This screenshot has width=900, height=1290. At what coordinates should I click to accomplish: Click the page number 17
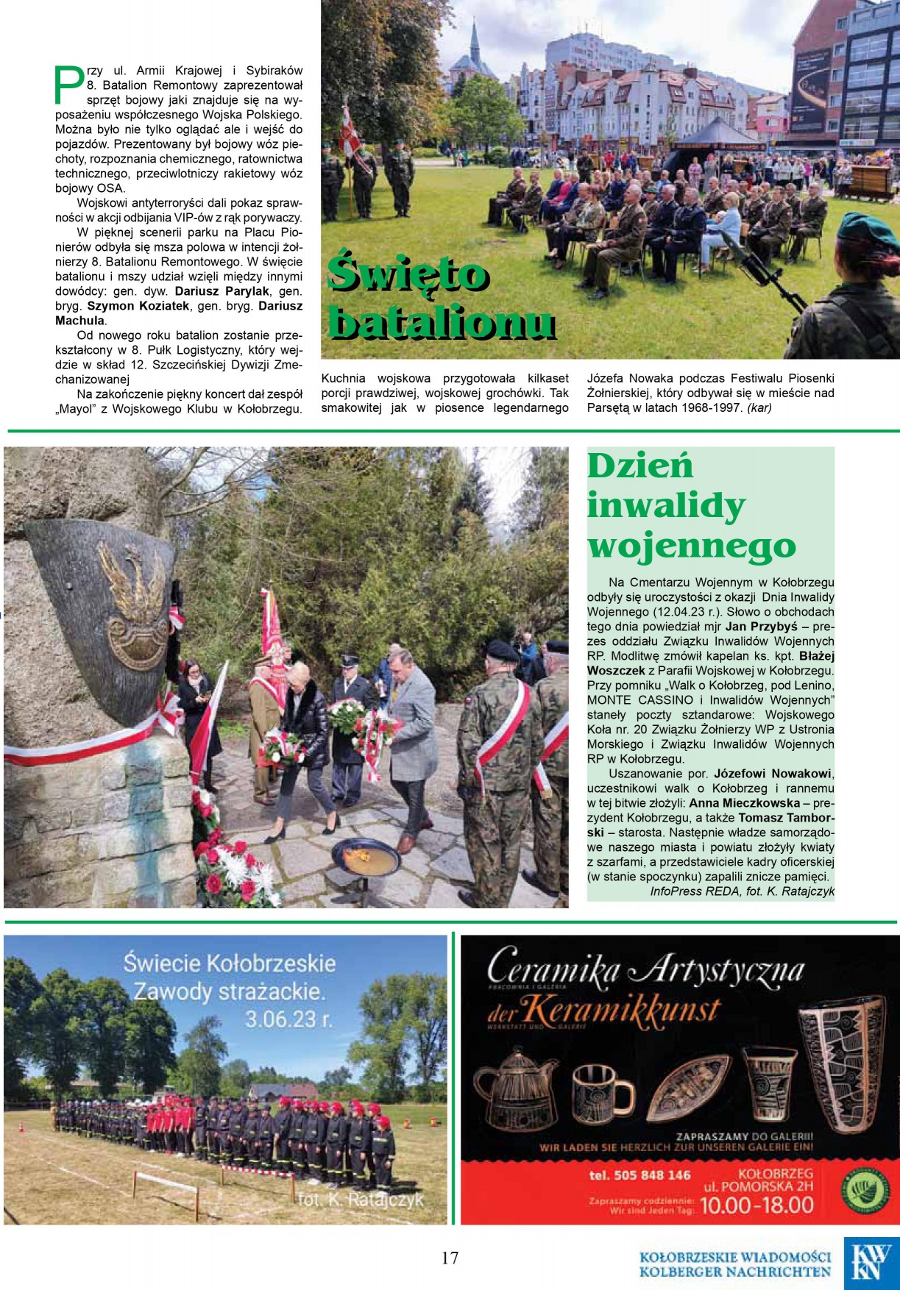(450, 1258)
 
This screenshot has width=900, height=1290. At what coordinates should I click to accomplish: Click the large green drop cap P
(68, 83)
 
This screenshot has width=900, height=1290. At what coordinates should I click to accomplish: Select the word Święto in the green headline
(408, 274)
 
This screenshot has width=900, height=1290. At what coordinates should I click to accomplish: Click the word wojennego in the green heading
(691, 546)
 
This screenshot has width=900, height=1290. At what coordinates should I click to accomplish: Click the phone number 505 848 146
(639, 1175)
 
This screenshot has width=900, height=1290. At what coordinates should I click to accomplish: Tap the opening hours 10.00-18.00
(757, 1205)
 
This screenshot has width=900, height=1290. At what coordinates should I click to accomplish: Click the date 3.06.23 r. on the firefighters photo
(288, 1019)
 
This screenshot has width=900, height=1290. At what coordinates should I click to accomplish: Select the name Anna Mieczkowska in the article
(744, 803)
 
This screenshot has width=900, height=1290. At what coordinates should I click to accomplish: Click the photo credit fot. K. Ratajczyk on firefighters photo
(361, 1200)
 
